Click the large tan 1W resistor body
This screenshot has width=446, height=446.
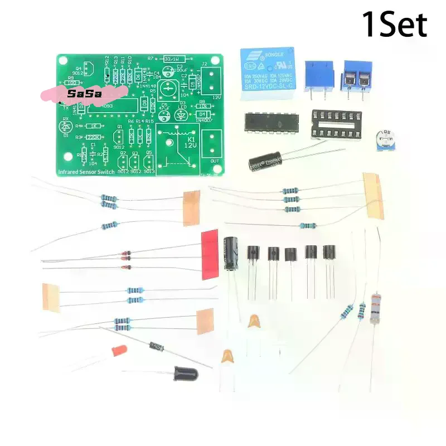[376, 308]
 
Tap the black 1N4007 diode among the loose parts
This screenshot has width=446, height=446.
[156, 347]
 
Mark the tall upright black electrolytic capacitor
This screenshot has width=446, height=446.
[233, 253]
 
